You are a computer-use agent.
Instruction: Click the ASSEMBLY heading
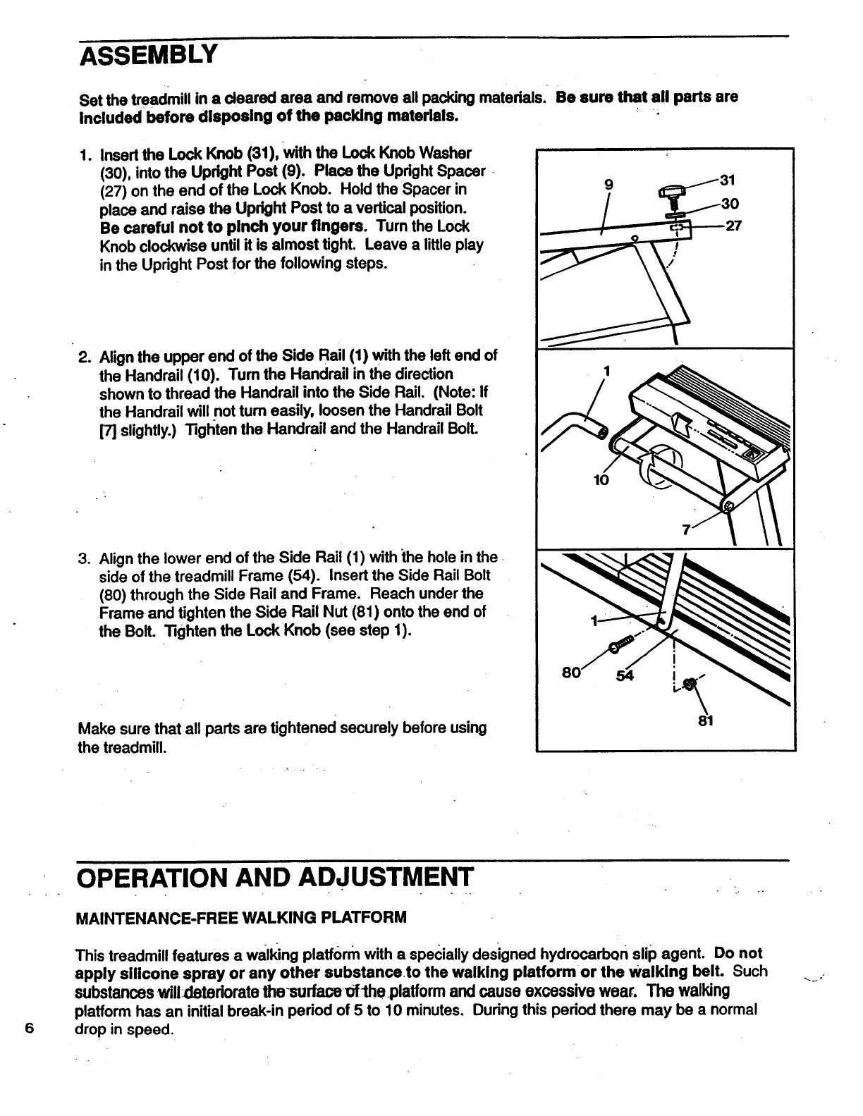click(146, 54)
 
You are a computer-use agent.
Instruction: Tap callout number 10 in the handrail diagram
click(601, 481)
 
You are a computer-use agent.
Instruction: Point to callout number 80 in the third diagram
click(570, 673)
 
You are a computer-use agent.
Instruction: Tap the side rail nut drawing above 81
click(690, 682)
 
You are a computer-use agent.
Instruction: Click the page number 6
click(28, 1027)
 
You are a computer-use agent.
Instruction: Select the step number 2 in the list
click(83, 356)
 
